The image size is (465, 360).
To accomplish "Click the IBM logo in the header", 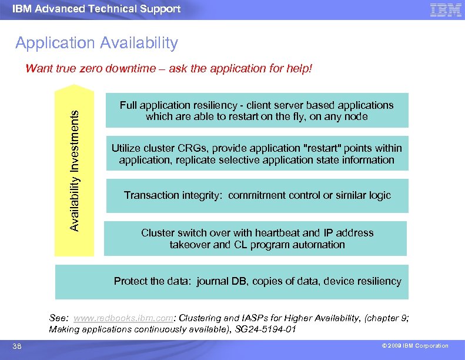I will point(446,9).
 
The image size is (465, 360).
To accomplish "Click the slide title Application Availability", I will point(96,43).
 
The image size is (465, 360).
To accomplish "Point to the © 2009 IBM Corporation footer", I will point(414,346).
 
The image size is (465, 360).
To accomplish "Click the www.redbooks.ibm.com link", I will point(123,318).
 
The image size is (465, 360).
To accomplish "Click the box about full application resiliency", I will point(257,111).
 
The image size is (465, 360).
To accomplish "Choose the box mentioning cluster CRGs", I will point(257,154).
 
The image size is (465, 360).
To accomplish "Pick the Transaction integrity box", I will point(257,195).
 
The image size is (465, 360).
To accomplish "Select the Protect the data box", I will point(257,281).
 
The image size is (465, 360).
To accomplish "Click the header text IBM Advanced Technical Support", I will point(96,9).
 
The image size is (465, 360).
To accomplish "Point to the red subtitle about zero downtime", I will point(169,69).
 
